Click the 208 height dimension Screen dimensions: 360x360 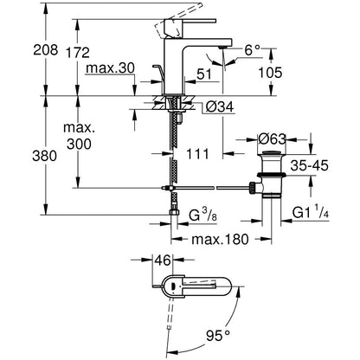46,49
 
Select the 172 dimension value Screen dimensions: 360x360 78,53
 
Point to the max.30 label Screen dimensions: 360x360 111,68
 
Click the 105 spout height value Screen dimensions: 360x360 270,73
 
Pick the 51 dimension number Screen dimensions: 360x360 204,74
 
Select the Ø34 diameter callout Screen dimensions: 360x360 220,107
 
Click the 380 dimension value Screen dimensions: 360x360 44,156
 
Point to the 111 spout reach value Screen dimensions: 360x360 197,154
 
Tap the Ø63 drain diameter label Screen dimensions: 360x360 272,139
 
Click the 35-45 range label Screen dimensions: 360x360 309,165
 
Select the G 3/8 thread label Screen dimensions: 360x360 202,215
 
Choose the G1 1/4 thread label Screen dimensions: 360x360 312,213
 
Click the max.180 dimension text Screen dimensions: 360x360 220,239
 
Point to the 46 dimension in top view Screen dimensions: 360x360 163,260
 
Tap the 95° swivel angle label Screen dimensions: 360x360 218,336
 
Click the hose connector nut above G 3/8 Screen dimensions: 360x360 174,212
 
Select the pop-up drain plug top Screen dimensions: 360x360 272,153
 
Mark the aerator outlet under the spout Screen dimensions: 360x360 222,47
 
